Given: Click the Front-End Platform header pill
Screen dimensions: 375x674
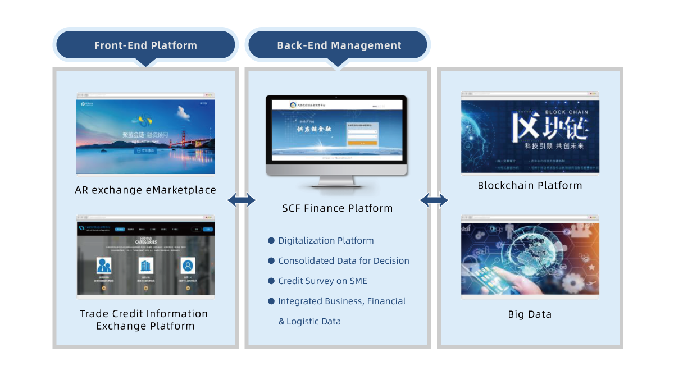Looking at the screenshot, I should pos(145,45).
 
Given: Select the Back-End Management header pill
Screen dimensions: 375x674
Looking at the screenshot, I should pos(339,45).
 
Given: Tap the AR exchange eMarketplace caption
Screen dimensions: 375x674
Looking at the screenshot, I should pos(145,190).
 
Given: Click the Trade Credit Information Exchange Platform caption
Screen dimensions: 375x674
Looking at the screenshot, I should pos(144,319).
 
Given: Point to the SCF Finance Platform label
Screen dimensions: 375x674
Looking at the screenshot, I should pos(337,208).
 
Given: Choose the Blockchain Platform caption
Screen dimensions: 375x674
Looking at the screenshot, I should pos(530,185).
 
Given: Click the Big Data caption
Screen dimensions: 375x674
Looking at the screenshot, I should pos(530,314).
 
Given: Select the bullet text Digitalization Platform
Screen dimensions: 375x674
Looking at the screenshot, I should pos(326,240).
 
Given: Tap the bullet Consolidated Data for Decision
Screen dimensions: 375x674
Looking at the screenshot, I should pos(343,260).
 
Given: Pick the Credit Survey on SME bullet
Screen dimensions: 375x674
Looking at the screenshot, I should pos(322,281).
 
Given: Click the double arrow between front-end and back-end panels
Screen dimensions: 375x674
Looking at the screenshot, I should pos(242,200).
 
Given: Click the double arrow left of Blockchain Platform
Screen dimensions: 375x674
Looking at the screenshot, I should pos(434,199).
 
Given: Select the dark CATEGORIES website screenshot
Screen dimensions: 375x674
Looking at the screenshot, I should pos(145,259).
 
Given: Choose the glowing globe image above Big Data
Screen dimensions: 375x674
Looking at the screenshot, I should pos(530,258).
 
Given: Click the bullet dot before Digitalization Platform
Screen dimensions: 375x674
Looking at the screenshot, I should pos(271,240).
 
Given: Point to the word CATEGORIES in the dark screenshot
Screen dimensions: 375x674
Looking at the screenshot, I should pos(145,243).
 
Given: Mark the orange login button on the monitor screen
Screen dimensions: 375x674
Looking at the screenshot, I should pos(362,143).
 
